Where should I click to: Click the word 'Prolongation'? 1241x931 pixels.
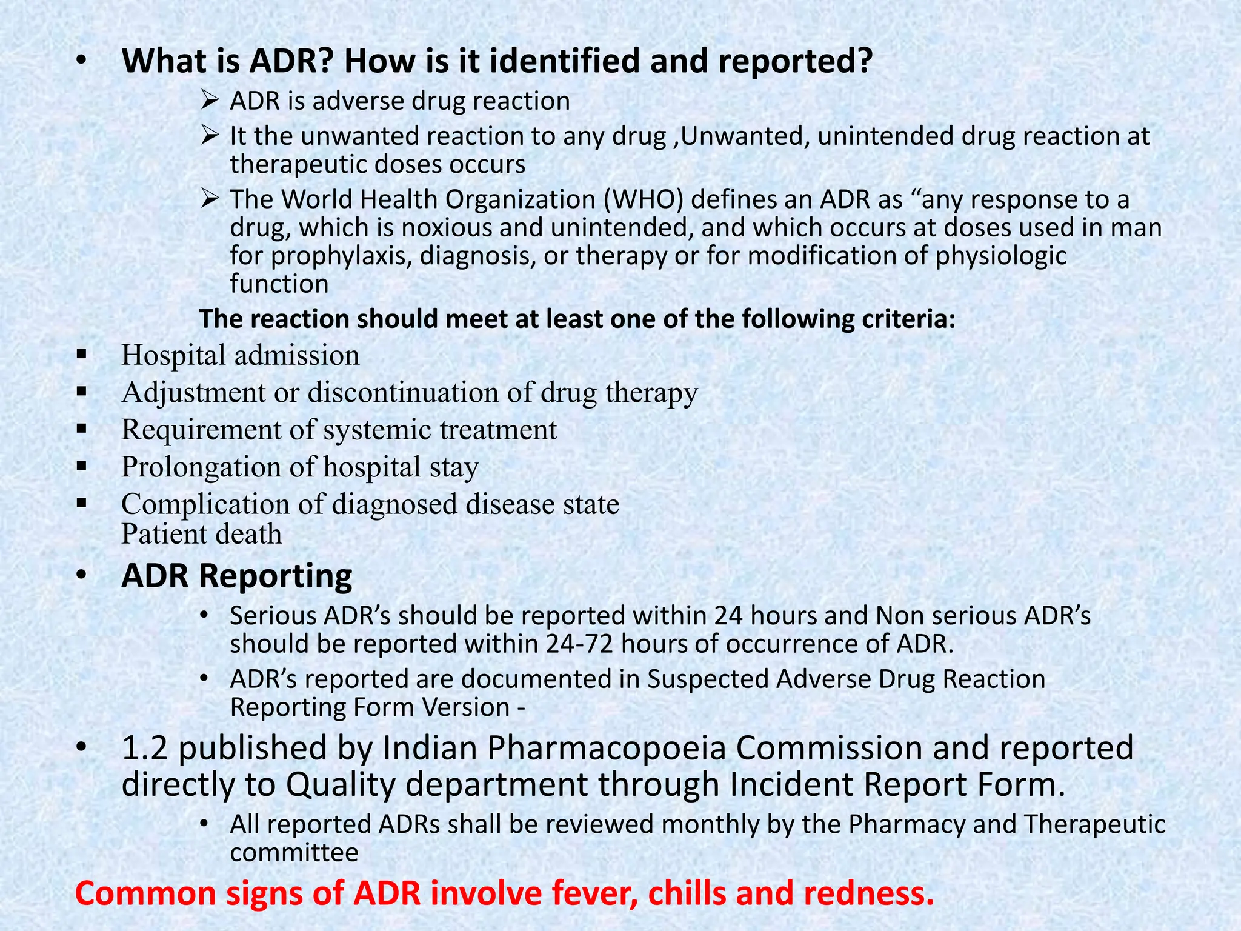click(x=200, y=467)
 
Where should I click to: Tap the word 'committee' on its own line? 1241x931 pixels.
click(x=294, y=853)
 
